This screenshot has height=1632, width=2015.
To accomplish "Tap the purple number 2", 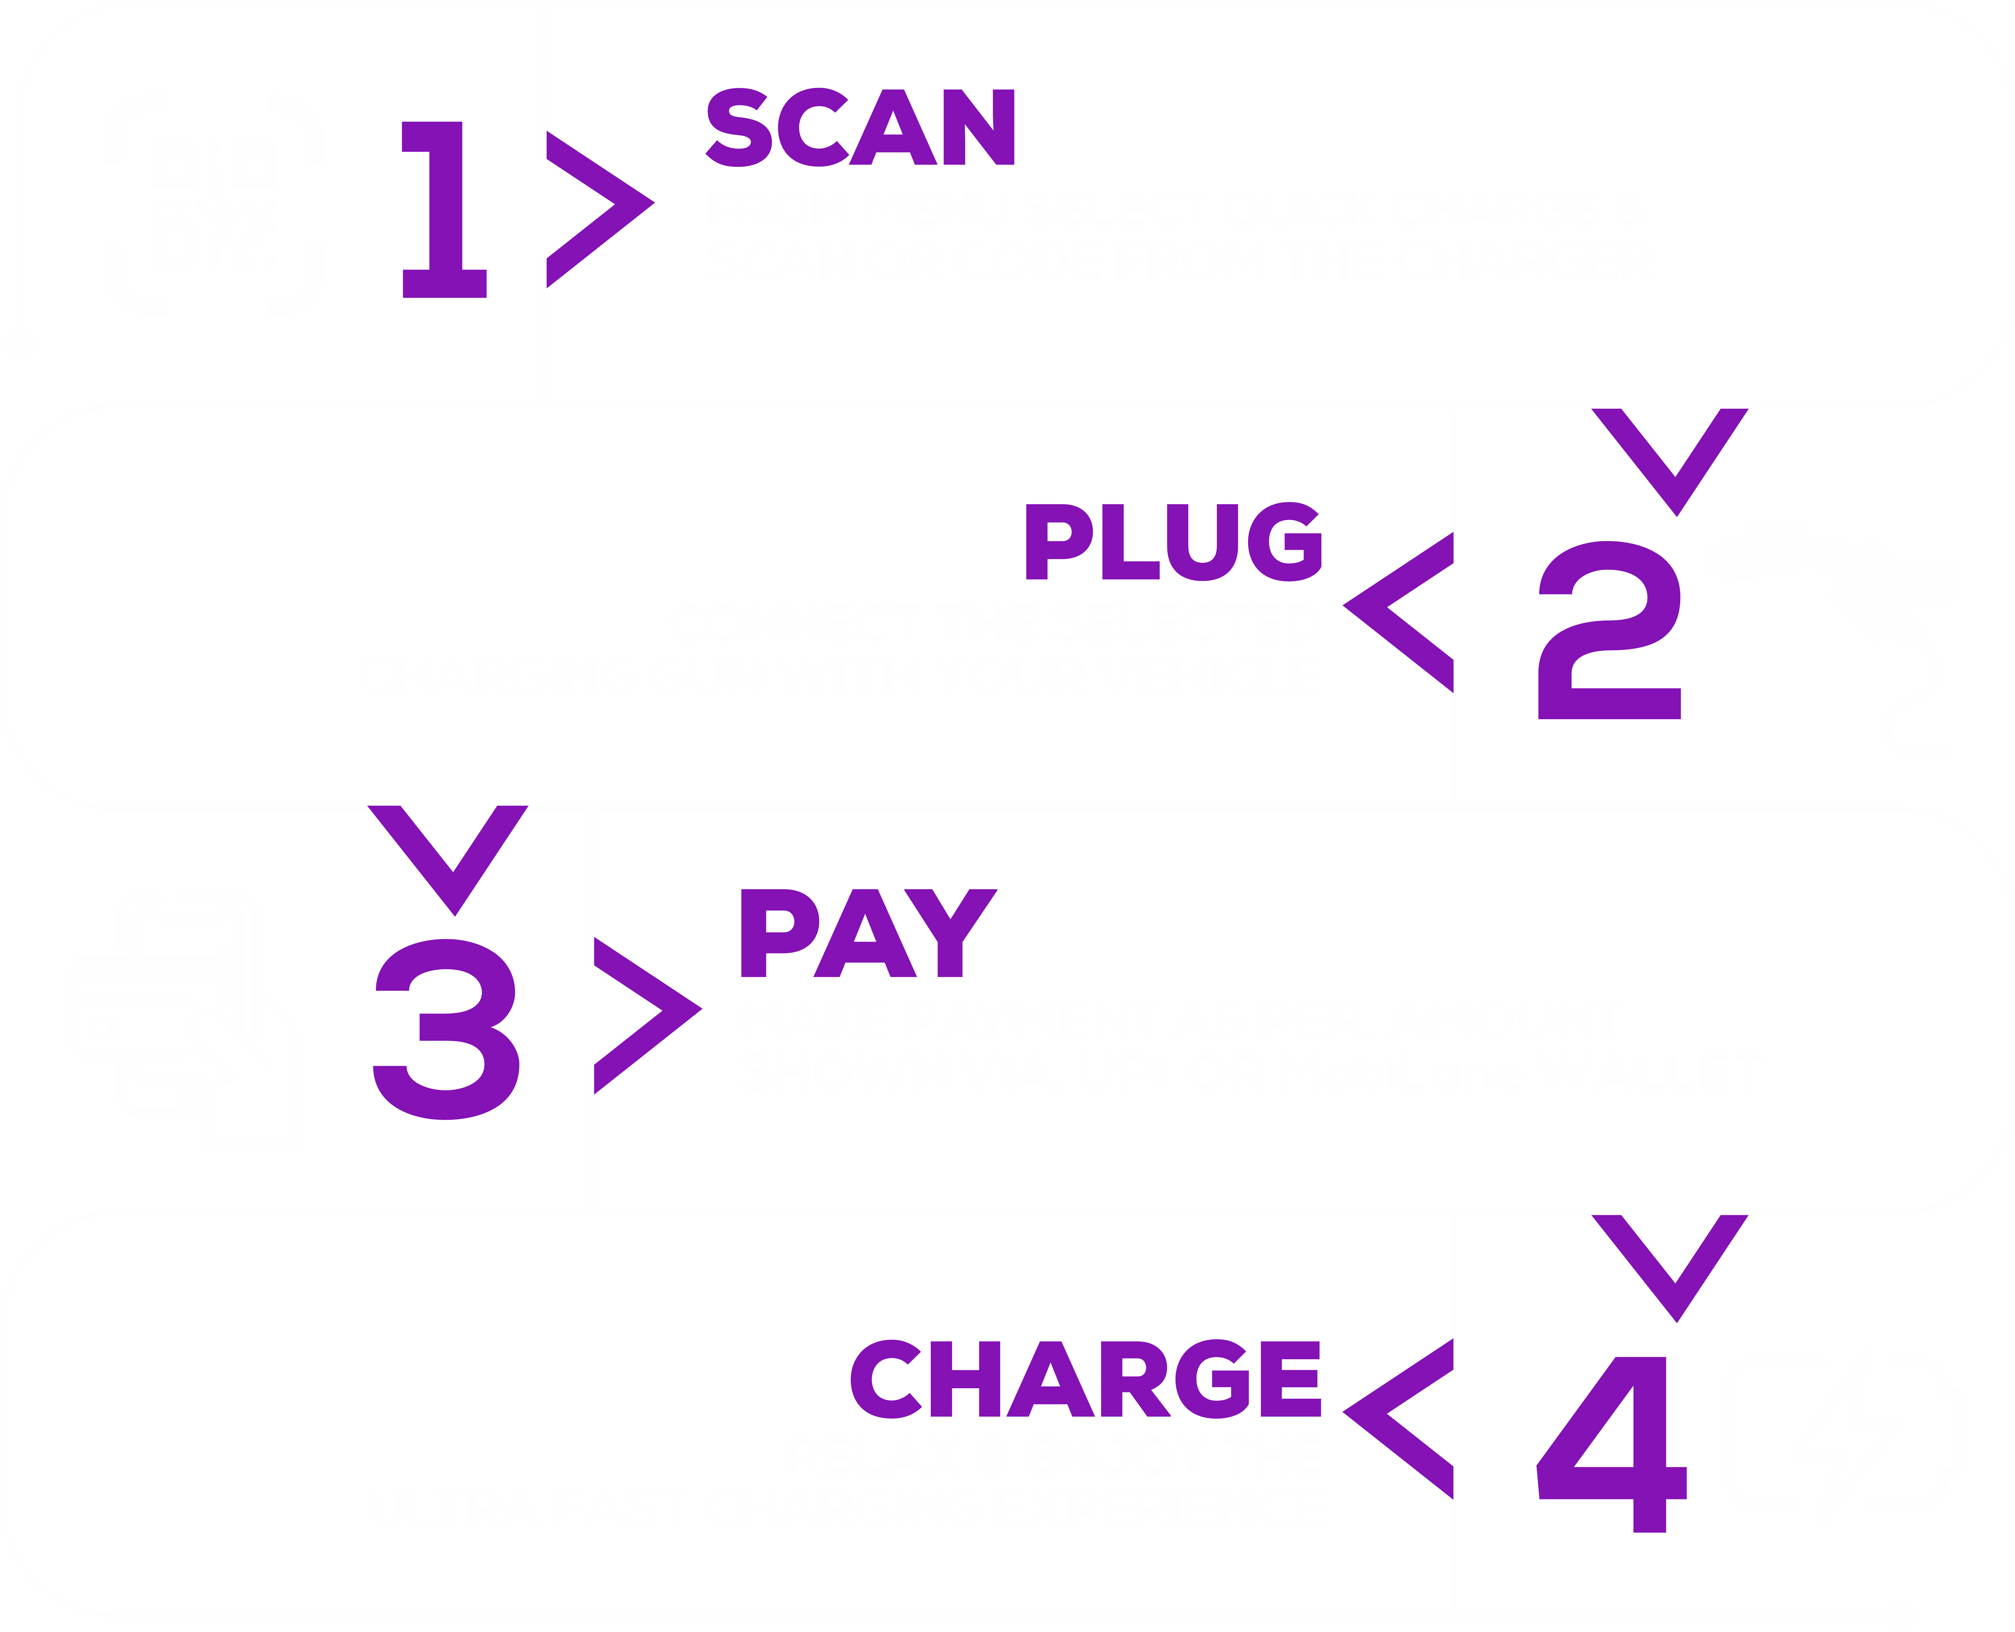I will coord(1609,630).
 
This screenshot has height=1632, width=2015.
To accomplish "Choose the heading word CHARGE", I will coord(1085,1379).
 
